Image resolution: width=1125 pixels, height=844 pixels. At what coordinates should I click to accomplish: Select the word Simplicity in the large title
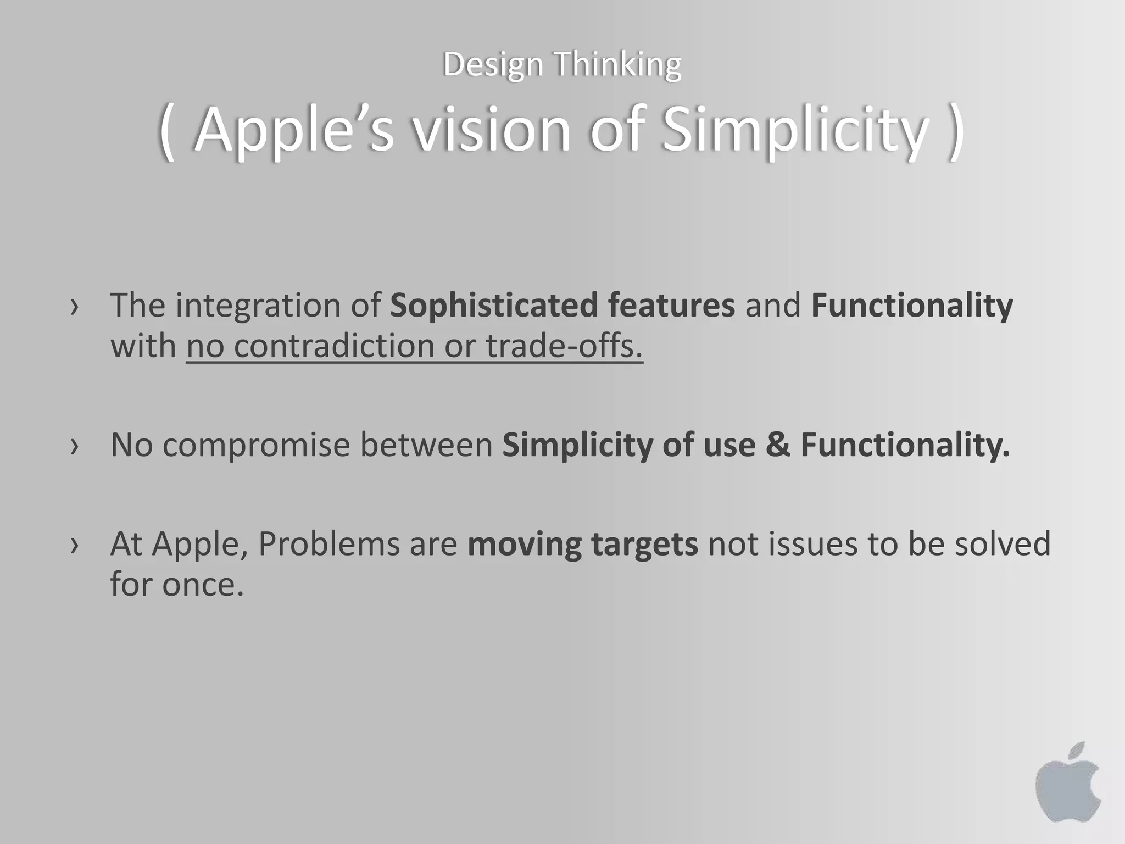[794, 131]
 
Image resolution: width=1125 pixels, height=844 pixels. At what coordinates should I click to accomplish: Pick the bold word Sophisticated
[493, 306]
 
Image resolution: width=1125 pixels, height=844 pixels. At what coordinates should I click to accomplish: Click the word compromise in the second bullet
[256, 445]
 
